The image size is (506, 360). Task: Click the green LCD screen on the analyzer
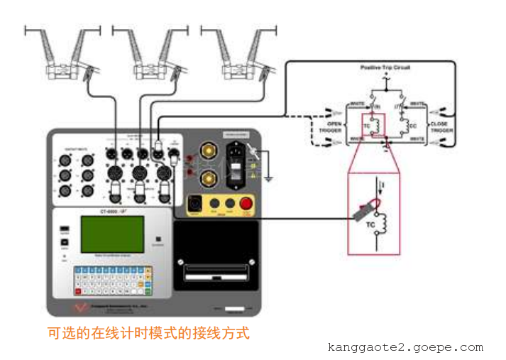pos(112,234)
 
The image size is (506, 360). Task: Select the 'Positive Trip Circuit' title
pos(385,67)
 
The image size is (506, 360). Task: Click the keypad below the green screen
pos(113,281)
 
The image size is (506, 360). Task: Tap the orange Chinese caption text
pos(148,332)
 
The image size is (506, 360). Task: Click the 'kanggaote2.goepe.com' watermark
pos(405,347)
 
